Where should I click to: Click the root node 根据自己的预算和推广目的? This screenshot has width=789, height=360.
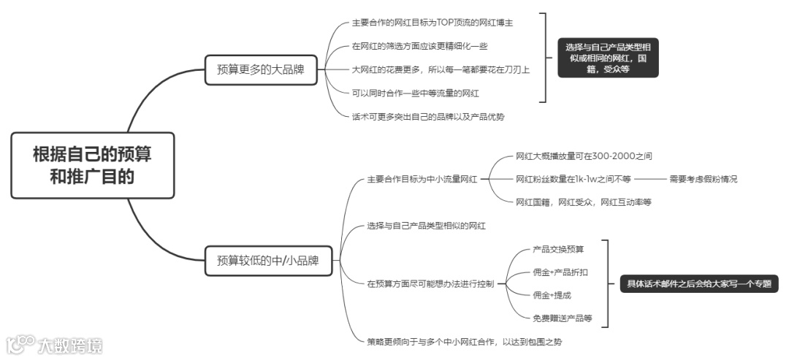point(93,165)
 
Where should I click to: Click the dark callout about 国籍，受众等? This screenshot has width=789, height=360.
point(608,58)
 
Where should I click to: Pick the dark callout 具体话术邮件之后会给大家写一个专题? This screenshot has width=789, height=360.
point(694,283)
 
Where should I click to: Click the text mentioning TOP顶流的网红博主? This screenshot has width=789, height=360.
point(432,23)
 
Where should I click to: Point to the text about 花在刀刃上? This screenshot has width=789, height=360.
point(441,69)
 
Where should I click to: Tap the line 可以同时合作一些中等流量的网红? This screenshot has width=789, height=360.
point(415,93)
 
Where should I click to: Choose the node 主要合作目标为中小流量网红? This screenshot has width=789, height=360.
point(422,178)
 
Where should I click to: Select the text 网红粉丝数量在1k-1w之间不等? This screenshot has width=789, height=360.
point(573,178)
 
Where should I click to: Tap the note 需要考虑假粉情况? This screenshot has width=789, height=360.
point(703,178)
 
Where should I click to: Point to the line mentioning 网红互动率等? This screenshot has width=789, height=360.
point(583,202)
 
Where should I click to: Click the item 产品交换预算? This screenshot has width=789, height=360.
point(559,248)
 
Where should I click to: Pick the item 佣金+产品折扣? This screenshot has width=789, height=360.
point(560,272)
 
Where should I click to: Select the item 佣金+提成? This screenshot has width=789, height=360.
point(552,295)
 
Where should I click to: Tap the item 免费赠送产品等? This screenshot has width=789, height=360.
point(563,318)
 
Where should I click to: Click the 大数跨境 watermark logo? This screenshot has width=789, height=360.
point(55,344)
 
